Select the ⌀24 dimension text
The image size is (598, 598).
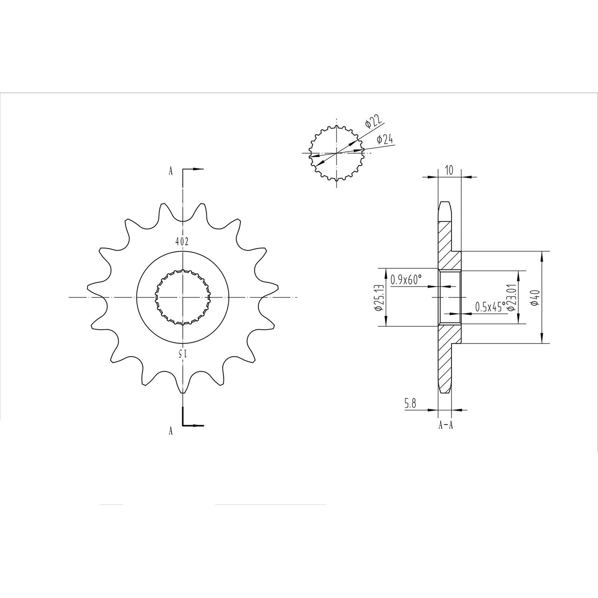pyautogui.click(x=385, y=139)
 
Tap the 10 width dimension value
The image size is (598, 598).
pyautogui.click(x=449, y=170)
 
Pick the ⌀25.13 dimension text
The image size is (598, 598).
pyautogui.click(x=379, y=298)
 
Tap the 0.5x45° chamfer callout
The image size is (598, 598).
pyautogui.click(x=490, y=307)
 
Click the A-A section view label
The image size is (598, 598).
pyautogui.click(x=446, y=425)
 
